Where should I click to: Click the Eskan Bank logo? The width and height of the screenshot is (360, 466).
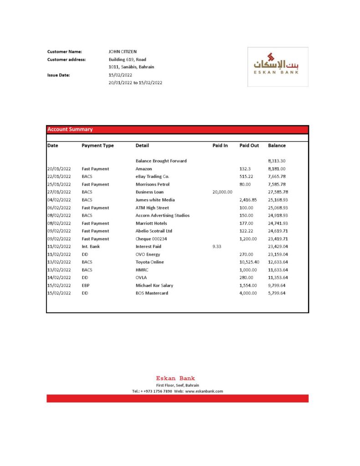click(278, 66)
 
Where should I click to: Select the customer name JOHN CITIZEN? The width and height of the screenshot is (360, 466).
click(122, 52)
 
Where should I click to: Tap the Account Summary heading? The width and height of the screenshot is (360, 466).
click(70, 130)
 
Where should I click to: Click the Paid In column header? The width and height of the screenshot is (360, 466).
click(220, 146)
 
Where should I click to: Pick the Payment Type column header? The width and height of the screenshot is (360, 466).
click(97, 146)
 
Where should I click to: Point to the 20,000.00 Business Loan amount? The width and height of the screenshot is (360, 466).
click(222, 192)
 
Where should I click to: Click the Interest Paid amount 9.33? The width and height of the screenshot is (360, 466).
click(217, 247)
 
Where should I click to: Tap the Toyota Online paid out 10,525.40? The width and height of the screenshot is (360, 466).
click(249, 262)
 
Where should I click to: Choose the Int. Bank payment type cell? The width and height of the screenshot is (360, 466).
click(91, 247)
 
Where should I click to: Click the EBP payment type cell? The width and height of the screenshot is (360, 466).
click(86, 285)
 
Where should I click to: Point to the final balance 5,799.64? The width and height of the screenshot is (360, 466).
click(277, 293)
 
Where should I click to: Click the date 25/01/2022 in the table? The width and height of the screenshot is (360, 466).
click(59, 184)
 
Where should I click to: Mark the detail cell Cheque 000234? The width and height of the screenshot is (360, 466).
click(151, 239)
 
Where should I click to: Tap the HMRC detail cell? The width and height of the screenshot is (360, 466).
click(142, 270)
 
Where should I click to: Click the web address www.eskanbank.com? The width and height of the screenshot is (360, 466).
click(204, 391)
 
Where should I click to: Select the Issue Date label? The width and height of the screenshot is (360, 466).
click(59, 75)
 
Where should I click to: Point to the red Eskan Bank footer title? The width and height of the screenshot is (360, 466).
click(175, 378)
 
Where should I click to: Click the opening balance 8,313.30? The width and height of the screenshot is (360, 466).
click(277, 161)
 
